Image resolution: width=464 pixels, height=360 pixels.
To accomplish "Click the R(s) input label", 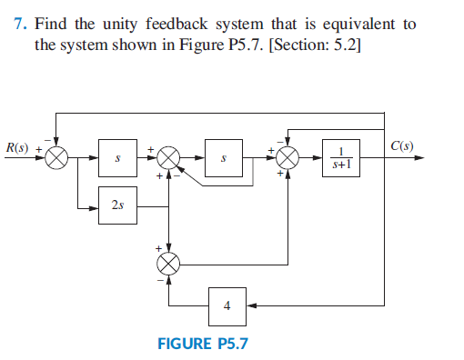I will pos(16,147).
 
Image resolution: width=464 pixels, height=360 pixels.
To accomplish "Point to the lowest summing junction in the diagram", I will pos(169,264).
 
